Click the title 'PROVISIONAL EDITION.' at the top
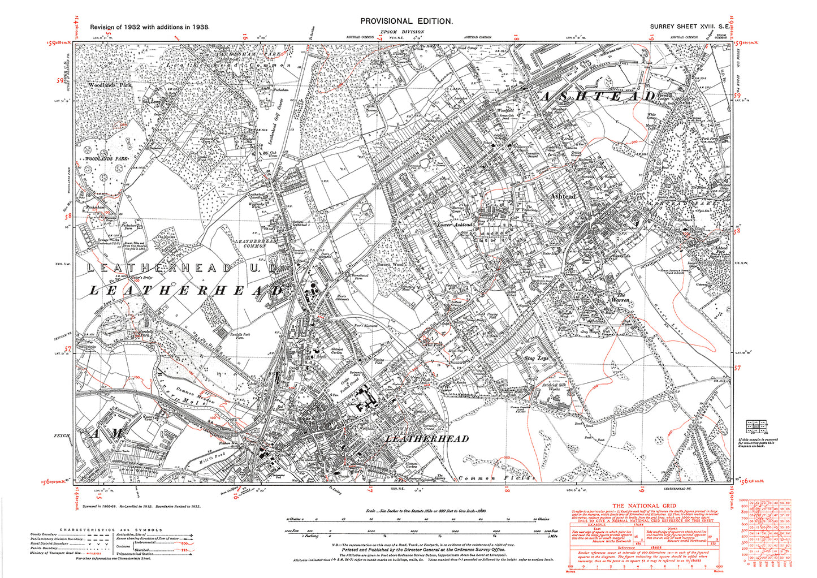tap(407, 21)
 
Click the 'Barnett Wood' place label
tap(392, 264)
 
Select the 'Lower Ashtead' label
tap(455, 225)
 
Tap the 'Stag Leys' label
tap(536, 358)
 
